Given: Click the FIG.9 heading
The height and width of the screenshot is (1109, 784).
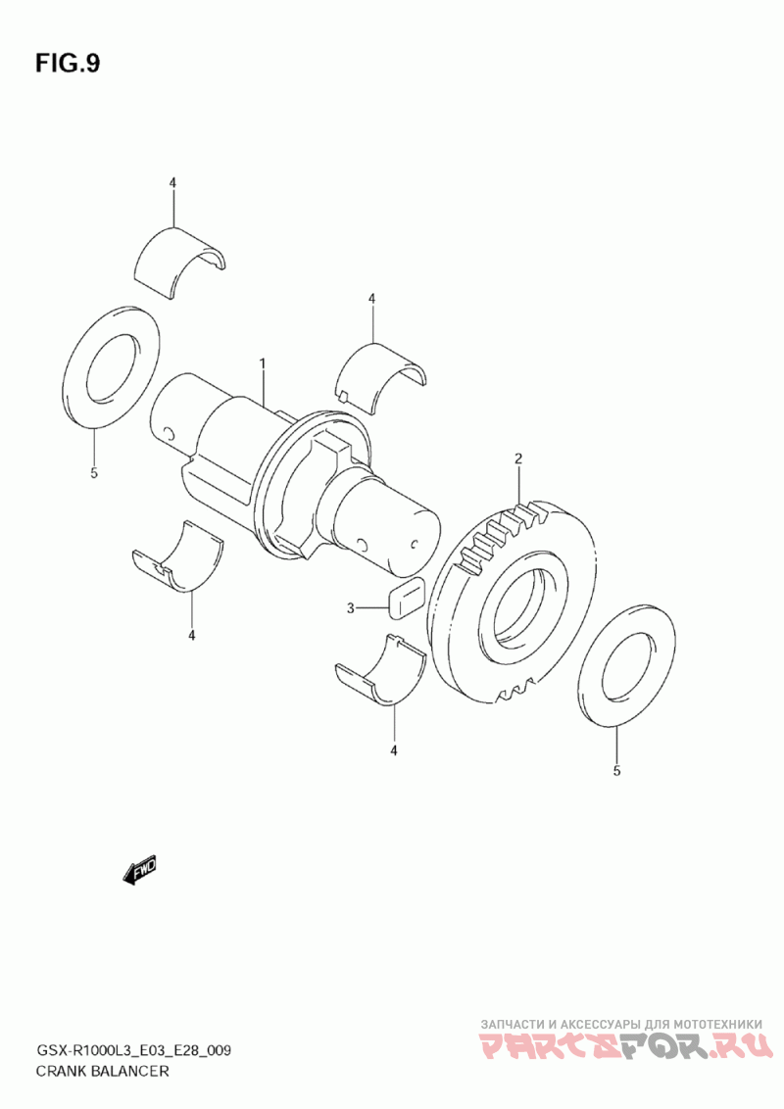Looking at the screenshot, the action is click(68, 64).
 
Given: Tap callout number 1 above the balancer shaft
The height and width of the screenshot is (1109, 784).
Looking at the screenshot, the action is click(262, 363).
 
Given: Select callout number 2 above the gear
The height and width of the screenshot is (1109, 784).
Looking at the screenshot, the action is click(518, 459).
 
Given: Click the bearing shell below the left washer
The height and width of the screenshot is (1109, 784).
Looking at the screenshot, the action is click(178, 555).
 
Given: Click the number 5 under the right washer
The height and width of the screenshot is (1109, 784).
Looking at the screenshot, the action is click(616, 771).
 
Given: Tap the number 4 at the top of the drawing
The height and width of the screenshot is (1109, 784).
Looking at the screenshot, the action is click(171, 182).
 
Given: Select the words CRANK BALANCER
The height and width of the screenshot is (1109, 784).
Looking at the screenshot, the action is click(102, 1071).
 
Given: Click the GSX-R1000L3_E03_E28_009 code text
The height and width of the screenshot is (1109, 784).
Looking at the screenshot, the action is click(132, 1050).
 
